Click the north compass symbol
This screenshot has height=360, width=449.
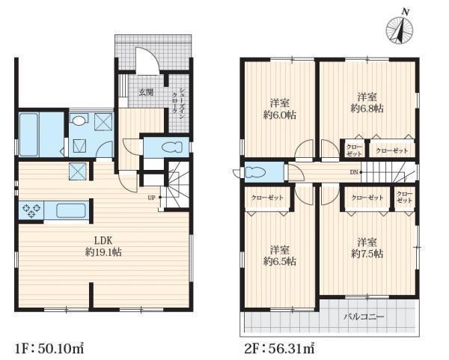(400, 29)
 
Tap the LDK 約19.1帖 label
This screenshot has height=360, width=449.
(103, 246)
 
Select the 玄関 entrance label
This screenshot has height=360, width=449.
(147, 92)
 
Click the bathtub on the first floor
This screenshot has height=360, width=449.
(28, 135)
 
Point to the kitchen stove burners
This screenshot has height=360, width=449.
(31, 210)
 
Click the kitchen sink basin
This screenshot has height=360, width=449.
(71, 210)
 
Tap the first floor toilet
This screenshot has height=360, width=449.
(172, 147)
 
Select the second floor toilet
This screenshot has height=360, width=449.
(256, 172)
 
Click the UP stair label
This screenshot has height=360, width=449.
(151, 198)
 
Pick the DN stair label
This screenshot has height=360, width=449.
(354, 172)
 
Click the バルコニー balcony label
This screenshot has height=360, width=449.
(364, 317)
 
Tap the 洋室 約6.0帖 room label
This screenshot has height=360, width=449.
(279, 109)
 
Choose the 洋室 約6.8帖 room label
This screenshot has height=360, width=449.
(367, 103)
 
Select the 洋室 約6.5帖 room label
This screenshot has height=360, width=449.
(279, 255)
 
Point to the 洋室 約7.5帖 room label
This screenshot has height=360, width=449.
(367, 248)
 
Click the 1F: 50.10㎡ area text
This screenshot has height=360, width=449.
(49, 348)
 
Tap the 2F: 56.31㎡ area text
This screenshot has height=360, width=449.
(279, 348)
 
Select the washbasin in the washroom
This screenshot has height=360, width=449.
(79, 120)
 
